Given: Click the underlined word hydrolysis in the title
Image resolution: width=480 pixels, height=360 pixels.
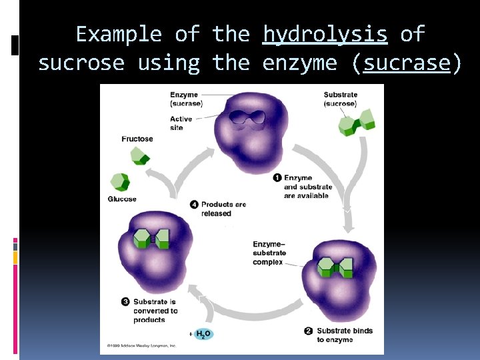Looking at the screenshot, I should pyautogui.click(x=325, y=34).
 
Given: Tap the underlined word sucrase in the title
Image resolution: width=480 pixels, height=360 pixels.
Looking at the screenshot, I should pyautogui.click(x=407, y=63).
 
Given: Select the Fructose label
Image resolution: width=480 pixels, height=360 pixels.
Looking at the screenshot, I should pyautogui.click(x=137, y=139).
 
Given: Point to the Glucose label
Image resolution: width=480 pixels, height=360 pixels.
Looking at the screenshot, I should pyautogui.click(x=122, y=199).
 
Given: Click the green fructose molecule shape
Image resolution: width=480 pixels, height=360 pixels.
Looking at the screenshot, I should pyautogui.click(x=139, y=156).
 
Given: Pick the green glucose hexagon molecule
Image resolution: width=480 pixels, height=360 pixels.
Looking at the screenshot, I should pyautogui.click(x=120, y=182).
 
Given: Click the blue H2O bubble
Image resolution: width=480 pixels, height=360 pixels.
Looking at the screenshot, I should pyautogui.click(x=203, y=334).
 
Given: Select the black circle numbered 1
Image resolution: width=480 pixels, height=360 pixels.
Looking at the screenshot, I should pyautogui.click(x=277, y=178).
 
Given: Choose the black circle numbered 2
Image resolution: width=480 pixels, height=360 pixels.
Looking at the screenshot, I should pyautogui.click(x=308, y=331).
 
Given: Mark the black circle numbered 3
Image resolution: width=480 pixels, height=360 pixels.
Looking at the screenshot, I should pyautogui.click(x=125, y=302).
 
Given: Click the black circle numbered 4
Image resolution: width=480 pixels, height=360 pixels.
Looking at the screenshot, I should pyautogui.click(x=194, y=205).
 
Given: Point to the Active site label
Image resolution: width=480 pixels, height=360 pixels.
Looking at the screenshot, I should pyautogui.click(x=181, y=123).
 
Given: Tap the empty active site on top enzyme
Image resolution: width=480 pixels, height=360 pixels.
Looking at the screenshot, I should pyautogui.click(x=246, y=118).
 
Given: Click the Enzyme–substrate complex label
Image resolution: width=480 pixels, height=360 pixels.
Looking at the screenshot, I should pyautogui.click(x=269, y=253).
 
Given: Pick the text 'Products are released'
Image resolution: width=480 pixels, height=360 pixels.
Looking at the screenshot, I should pyautogui.click(x=223, y=209).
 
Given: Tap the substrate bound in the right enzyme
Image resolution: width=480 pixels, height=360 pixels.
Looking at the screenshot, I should pyautogui.click(x=335, y=268).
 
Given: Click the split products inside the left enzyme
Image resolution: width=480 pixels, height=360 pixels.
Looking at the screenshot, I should pyautogui.click(x=153, y=239).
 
